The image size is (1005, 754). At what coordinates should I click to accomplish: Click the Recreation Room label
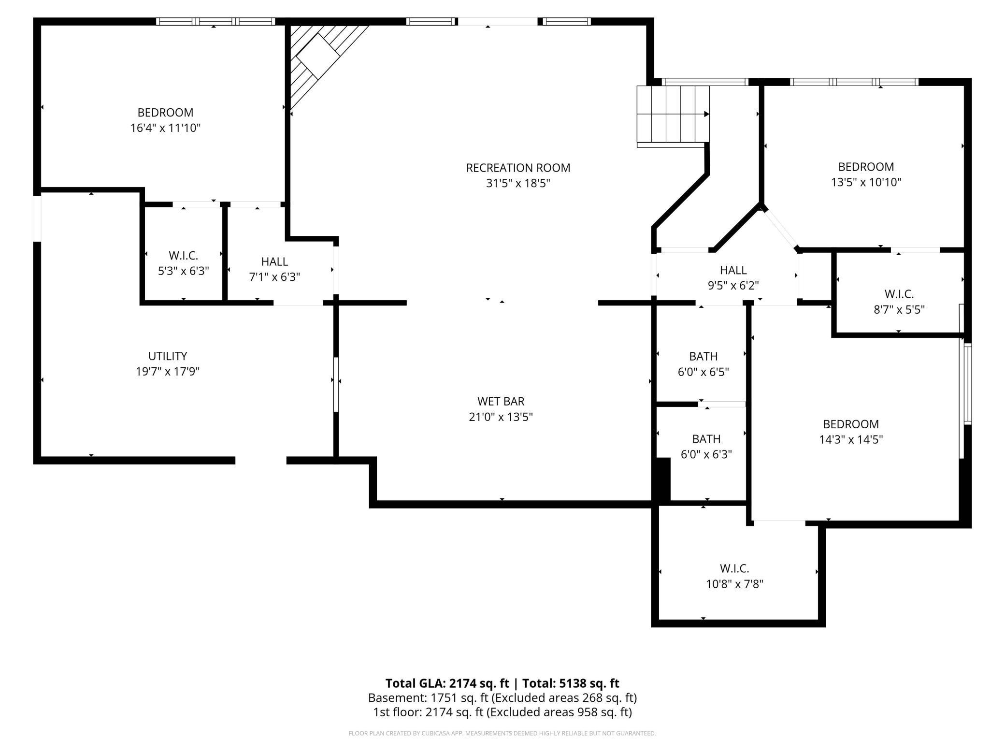tap(518, 168)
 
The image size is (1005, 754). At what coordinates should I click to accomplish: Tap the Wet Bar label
tap(501, 401)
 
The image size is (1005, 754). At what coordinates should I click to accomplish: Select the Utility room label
tap(168, 356)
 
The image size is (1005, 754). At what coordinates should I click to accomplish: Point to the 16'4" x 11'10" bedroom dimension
tap(165, 128)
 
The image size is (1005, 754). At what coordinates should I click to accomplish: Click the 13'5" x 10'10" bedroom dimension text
tap(866, 182)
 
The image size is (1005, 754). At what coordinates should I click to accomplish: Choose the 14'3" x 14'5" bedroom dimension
tap(851, 439)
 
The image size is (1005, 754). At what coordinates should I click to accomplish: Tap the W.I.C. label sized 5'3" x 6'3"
tap(184, 255)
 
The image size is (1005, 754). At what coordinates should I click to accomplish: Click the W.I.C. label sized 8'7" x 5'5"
tap(899, 294)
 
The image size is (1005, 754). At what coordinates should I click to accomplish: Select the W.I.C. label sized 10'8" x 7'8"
tap(734, 568)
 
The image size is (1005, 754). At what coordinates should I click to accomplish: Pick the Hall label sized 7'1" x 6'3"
tap(274, 261)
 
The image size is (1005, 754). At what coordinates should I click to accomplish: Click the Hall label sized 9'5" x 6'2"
tap(733, 270)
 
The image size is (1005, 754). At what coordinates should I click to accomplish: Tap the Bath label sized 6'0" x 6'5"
tap(703, 356)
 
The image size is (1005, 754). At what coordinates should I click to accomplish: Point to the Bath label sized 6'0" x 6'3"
tap(706, 439)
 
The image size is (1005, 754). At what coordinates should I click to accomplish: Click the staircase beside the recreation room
tap(673, 116)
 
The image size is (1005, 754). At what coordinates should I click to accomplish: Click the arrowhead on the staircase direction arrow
tap(706, 114)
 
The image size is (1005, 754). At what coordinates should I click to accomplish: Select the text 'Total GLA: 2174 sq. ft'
tap(447, 683)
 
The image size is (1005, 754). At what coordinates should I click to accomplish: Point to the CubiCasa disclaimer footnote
tap(502, 733)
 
